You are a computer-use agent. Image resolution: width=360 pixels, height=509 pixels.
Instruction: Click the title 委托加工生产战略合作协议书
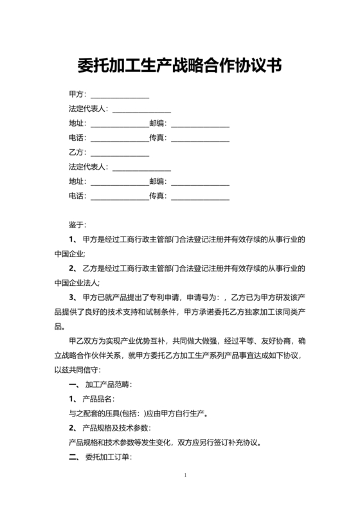click(x=180, y=66)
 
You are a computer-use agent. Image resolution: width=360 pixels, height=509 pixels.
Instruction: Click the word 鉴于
click(x=76, y=225)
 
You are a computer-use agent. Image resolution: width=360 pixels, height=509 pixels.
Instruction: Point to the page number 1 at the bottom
click(x=185, y=476)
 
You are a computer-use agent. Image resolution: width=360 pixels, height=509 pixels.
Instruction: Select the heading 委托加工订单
click(x=107, y=458)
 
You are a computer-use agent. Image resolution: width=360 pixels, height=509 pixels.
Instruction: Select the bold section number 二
click(x=73, y=458)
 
